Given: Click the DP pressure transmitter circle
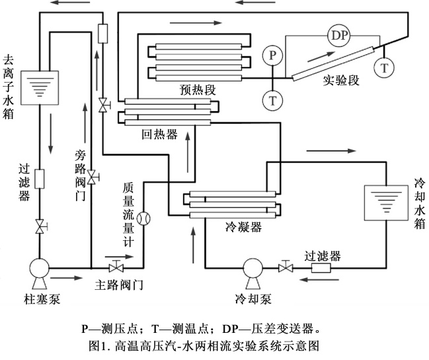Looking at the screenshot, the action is [339, 35].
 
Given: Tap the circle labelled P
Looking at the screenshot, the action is [272, 55].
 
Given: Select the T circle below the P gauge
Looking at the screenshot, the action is [272, 101].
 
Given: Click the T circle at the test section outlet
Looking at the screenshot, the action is [385, 67].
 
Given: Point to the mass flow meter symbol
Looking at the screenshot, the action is [143, 218].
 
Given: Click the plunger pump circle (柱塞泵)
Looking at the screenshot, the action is [40, 267].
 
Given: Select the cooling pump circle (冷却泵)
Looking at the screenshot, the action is [253, 267].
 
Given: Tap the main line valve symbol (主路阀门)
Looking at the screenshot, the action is [116, 266].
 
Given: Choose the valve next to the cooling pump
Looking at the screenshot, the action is [286, 266].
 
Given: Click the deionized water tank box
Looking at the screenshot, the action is [40, 87].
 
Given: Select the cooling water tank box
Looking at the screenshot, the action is [386, 202].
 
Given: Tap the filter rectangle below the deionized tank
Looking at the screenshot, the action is [40, 179].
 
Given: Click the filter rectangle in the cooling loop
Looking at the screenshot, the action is [321, 267].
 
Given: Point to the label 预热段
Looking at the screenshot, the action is [198, 89].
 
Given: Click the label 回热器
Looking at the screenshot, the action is [159, 134].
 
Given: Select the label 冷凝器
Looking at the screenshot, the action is [243, 227].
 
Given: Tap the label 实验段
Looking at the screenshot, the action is [341, 80].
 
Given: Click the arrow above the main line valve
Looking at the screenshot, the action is [119, 257].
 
